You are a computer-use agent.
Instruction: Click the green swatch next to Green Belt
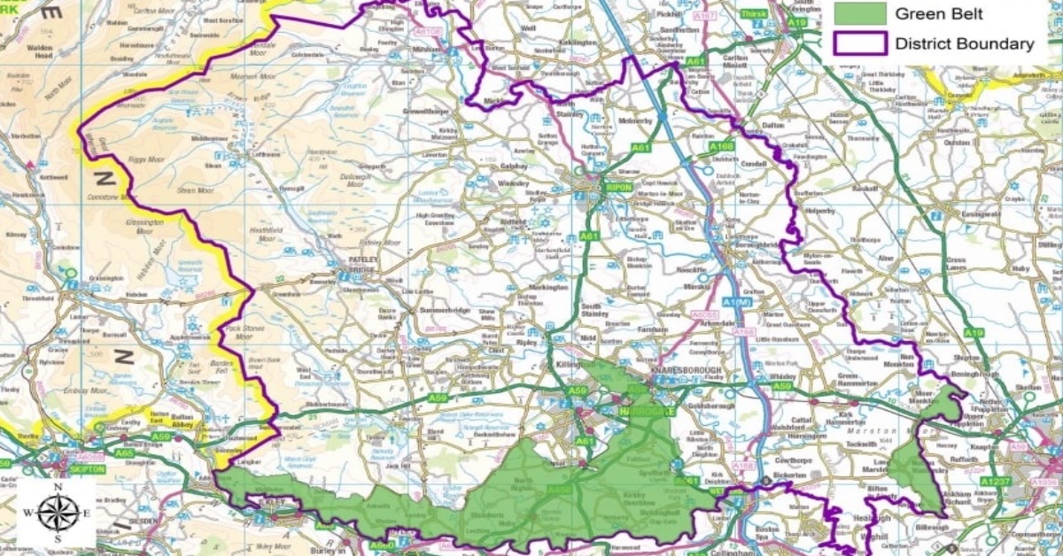click(860, 13)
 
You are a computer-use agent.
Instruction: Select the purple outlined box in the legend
click(860, 42)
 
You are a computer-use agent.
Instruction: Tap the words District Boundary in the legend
click(964, 43)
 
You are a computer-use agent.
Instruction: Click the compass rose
click(58, 513)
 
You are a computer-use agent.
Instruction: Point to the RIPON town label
click(617, 188)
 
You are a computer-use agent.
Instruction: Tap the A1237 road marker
click(995, 481)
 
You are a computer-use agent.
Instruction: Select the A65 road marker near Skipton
click(123, 452)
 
